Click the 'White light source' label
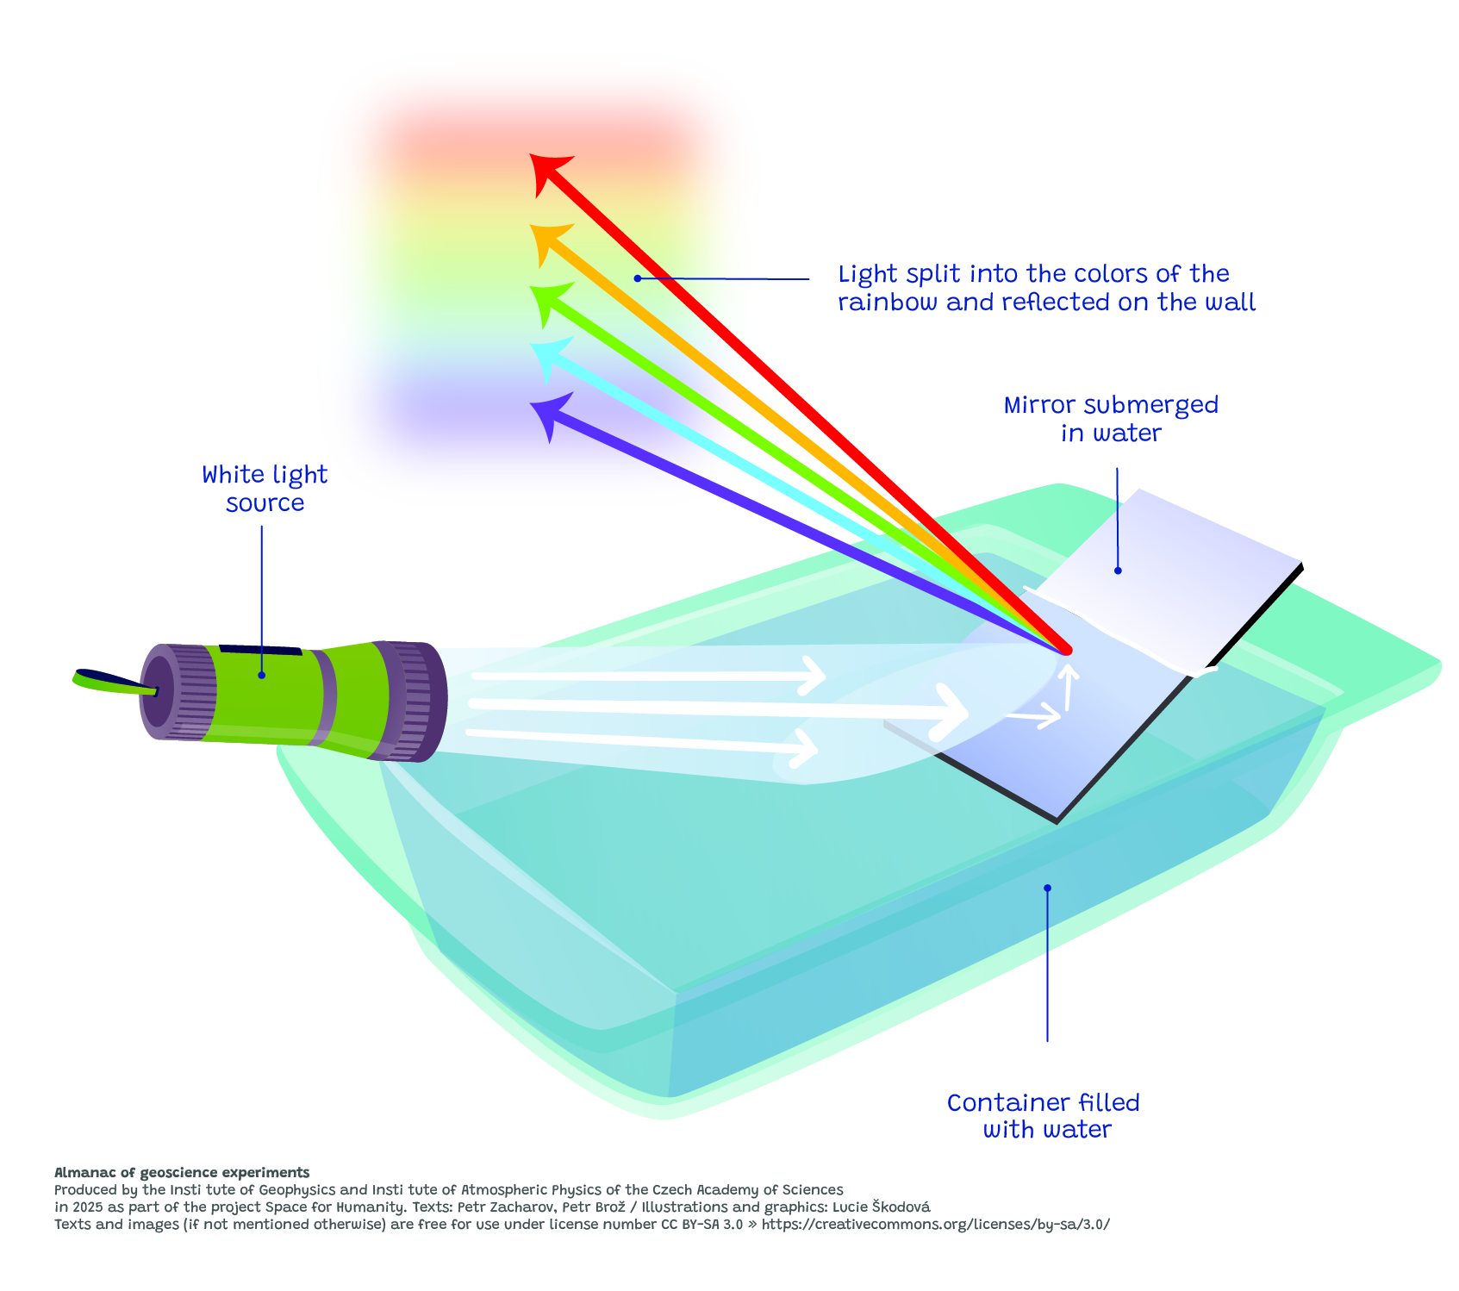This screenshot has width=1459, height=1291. pyautogui.click(x=265, y=489)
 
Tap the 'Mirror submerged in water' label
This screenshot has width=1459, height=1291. pyautogui.click(x=1111, y=419)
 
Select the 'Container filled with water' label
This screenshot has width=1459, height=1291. pyautogui.click(x=1044, y=1116)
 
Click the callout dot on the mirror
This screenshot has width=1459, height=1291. pyautogui.click(x=1118, y=571)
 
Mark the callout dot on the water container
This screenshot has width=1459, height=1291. pyautogui.click(x=1048, y=888)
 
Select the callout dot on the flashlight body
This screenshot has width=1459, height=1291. pyautogui.click(x=261, y=675)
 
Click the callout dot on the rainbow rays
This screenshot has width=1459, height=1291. pyautogui.click(x=637, y=278)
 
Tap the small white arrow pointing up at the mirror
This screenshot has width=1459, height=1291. pyautogui.click(x=1068, y=685)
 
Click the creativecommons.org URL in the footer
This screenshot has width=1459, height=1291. pyautogui.click(x=936, y=1224)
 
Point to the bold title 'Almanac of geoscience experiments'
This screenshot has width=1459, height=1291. pyautogui.click(x=182, y=1172)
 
